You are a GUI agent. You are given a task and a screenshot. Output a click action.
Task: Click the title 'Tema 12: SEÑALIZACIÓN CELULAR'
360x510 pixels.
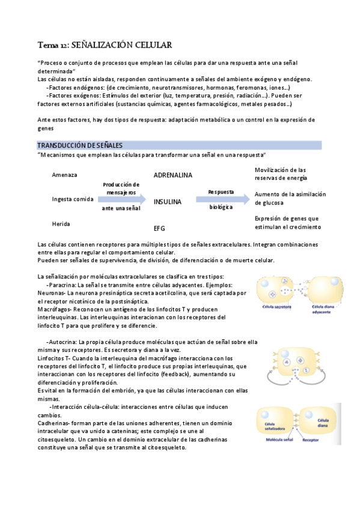pyautogui.click(x=105, y=45)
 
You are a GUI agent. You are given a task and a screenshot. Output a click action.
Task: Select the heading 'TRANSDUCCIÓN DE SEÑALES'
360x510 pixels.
pyautogui.click(x=80, y=146)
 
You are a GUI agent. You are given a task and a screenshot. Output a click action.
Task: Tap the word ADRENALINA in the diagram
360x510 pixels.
pyautogui.click(x=172, y=175)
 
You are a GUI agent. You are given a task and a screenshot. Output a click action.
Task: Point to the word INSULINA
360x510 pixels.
pyautogui.click(x=167, y=202)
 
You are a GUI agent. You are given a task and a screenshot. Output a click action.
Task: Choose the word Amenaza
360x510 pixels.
pyautogui.click(x=65, y=175)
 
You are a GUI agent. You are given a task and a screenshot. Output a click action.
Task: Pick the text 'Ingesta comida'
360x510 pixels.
pyautogui.click(x=73, y=199)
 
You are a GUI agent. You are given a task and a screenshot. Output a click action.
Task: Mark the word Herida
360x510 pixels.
pyautogui.click(x=61, y=224)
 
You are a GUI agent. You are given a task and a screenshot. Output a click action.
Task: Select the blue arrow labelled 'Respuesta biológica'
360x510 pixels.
pyautogui.click(x=221, y=199)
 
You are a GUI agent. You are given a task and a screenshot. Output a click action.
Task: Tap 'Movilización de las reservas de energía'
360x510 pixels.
pyautogui.click(x=281, y=174)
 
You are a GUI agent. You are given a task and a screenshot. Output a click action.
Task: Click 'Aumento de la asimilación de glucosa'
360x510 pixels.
pyautogui.click(x=290, y=198)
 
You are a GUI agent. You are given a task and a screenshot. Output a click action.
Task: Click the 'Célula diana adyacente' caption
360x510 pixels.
pyautogui.click(x=325, y=309)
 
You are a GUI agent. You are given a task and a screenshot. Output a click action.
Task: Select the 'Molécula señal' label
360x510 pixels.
pyautogui.click(x=281, y=439)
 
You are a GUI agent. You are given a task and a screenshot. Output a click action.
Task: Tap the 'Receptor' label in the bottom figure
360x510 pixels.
pyautogui.click(x=311, y=439)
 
